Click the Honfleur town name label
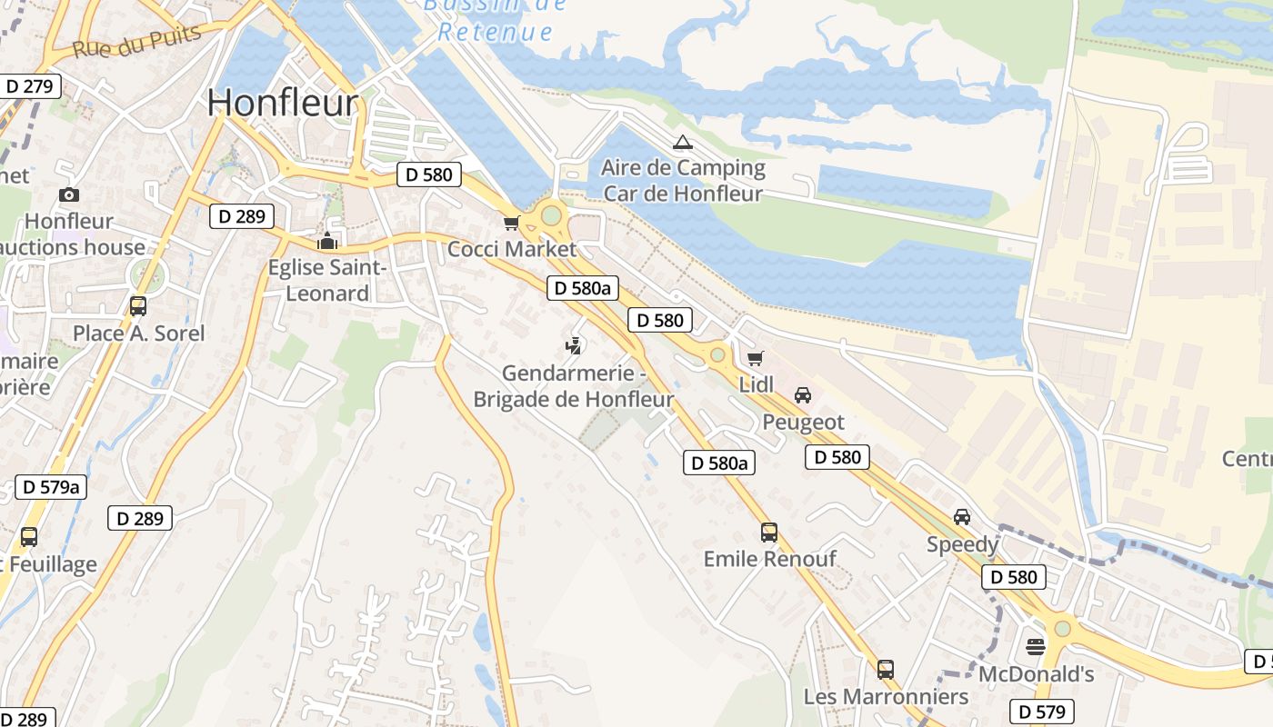283,104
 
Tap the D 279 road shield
30,86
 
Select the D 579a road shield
51,487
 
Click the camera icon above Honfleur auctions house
68,194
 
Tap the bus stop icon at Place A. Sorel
138,306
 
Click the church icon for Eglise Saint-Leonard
326,241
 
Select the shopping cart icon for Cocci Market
511,223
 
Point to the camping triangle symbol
682,142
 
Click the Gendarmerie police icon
573,345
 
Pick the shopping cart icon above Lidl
755,358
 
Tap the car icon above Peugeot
802,395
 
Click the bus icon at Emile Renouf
769,533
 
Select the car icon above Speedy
961,517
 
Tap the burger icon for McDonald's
1035,647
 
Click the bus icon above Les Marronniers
885,670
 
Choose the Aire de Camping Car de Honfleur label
683,181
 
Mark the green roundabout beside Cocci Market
551,216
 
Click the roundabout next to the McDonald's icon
1062,628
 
